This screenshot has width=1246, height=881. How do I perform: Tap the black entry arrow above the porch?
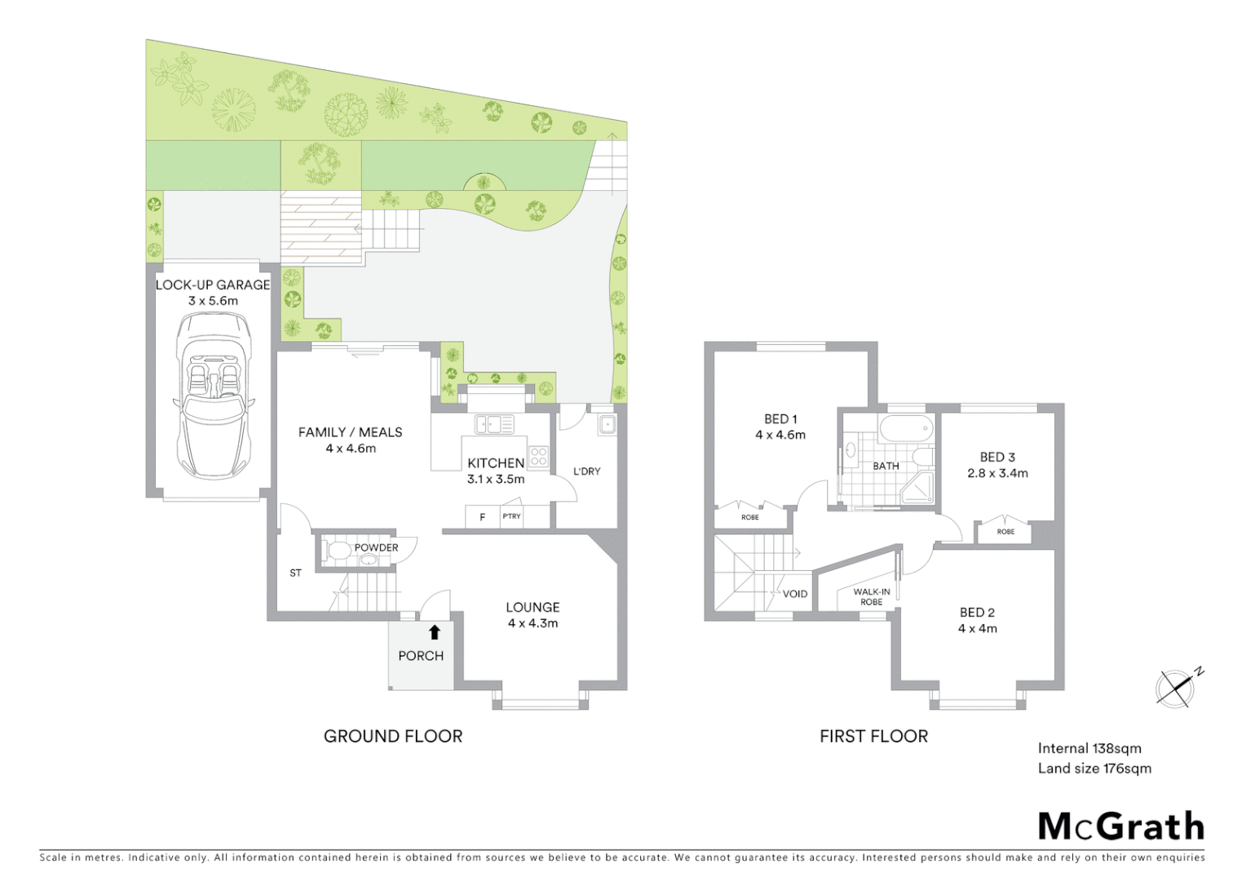tap(434, 631)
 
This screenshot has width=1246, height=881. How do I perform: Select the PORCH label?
tap(421, 656)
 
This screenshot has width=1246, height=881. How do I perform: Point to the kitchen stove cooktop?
tap(538, 456)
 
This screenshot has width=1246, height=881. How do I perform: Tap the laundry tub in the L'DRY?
tap(606, 425)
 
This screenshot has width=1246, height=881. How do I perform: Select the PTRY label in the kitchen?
tap(511, 516)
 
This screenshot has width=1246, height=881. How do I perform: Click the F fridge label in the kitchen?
tap(483, 517)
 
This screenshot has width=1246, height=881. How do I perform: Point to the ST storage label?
tap(295, 573)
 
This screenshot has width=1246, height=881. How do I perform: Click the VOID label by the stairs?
tap(794, 594)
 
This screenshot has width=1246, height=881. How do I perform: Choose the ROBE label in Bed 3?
tap(1005, 531)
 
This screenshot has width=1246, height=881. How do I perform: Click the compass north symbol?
tap(1177, 687)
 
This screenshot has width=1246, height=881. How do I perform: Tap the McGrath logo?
tap(1120, 826)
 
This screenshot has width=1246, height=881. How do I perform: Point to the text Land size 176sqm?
tap(1094, 768)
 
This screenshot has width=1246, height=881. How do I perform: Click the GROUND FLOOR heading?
tap(393, 736)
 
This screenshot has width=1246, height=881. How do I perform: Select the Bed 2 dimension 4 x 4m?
tap(977, 628)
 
